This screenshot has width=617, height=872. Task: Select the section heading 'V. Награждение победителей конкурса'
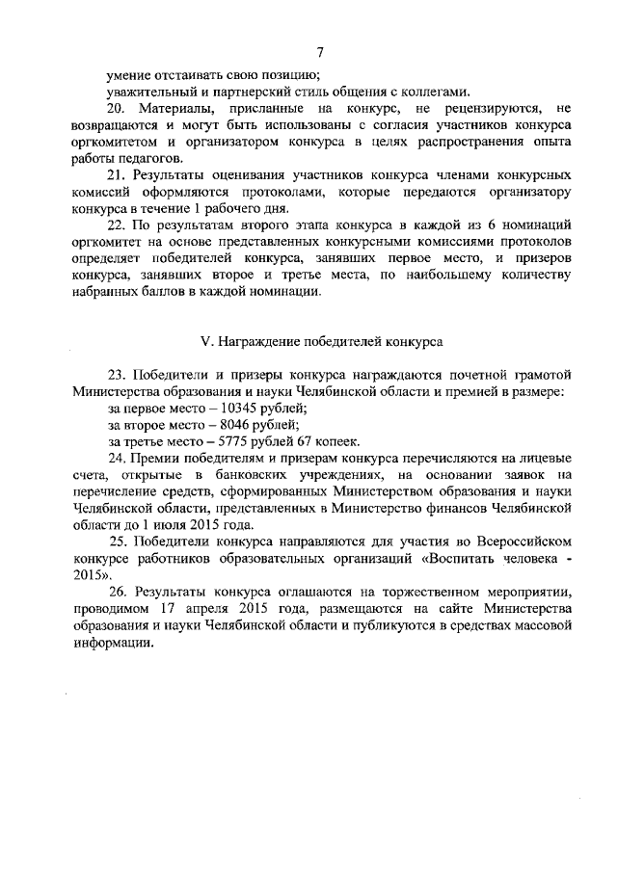(320, 341)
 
